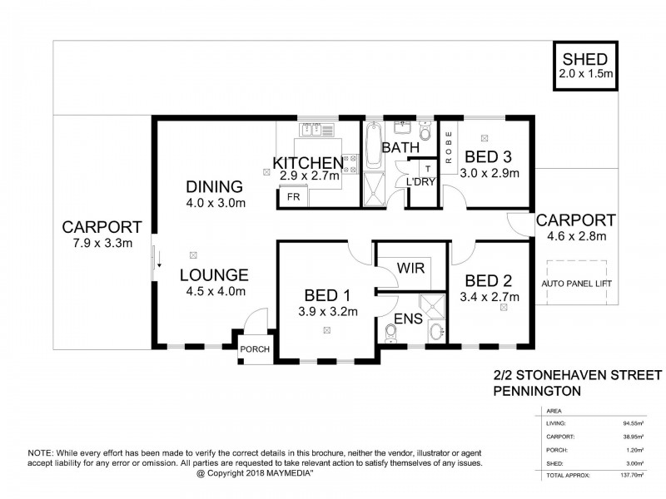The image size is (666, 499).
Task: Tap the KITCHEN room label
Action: tap(308, 162)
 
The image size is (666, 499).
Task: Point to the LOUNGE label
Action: tap(214, 274)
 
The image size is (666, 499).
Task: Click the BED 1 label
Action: tap(326, 295)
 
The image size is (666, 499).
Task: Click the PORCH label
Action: tap(255, 349)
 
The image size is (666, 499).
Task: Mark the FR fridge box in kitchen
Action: tap(294, 198)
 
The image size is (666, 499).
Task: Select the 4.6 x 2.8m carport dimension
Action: tap(575, 236)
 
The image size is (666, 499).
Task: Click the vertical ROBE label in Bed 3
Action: tap(447, 150)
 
